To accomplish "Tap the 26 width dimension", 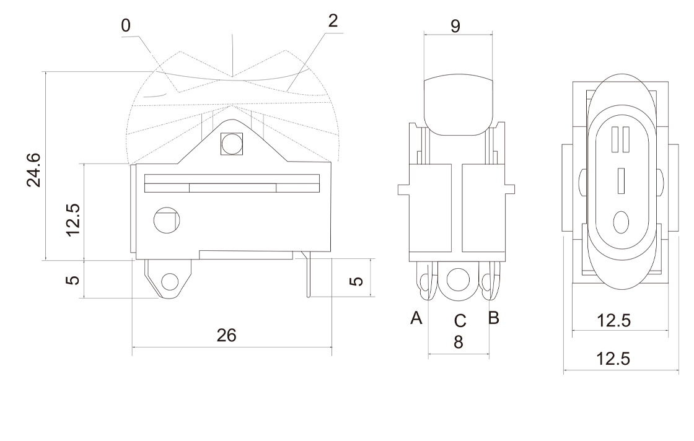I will pos(226,335).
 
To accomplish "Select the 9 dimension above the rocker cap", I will pos(456,27).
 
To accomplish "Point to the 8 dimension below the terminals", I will pos(458,341).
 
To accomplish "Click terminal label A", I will pos(416,318).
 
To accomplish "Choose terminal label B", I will pos(494,318).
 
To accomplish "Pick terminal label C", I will pos(459,321).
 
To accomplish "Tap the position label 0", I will pos(126,25).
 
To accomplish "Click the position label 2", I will pos(333,21).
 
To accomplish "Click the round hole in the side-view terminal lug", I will pos(169,283).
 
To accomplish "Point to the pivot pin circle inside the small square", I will pos(231,145).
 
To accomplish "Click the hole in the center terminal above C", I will pos(459,278).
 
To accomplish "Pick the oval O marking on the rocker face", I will pos(621,221).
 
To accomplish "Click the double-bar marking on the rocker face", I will pos(621,140).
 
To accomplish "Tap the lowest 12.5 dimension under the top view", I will pos(613,359).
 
